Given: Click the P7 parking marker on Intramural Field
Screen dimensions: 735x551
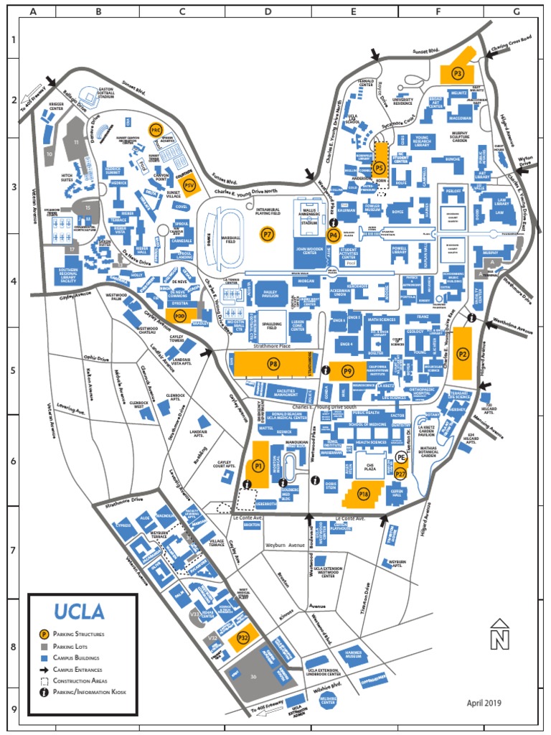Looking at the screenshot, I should (x=268, y=234).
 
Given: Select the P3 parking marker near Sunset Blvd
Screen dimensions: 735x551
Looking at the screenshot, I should (x=458, y=72).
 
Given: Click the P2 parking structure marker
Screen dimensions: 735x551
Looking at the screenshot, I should (x=463, y=353).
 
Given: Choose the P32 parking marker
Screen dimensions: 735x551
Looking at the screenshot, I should (x=243, y=637).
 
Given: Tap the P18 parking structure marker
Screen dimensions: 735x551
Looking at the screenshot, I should (x=364, y=494).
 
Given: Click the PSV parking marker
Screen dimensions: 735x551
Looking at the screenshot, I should (x=189, y=185).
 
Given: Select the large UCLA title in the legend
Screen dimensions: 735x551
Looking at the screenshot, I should (x=79, y=612).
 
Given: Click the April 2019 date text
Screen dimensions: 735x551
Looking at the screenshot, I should (x=484, y=703).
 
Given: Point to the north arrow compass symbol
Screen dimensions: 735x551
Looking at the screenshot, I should (x=499, y=634).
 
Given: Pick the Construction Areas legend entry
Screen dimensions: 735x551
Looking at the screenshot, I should (x=80, y=680).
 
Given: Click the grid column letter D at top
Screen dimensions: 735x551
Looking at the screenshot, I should (x=268, y=12).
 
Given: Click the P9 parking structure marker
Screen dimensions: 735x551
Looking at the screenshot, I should (x=348, y=371).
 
